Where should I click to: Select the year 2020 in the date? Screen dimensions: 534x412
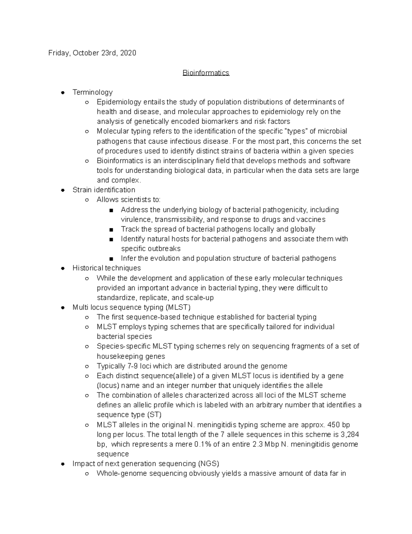(128, 53)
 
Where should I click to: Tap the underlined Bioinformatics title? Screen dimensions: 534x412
(206, 73)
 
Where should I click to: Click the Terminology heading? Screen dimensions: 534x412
(92, 92)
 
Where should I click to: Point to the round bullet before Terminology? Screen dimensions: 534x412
(63, 92)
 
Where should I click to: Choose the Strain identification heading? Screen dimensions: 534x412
(104, 190)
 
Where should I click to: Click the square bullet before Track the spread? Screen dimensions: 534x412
(111, 230)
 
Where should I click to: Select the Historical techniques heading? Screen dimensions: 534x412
(106, 268)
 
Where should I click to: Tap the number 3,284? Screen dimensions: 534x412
(348, 434)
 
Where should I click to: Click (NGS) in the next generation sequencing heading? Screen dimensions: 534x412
(208, 464)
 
